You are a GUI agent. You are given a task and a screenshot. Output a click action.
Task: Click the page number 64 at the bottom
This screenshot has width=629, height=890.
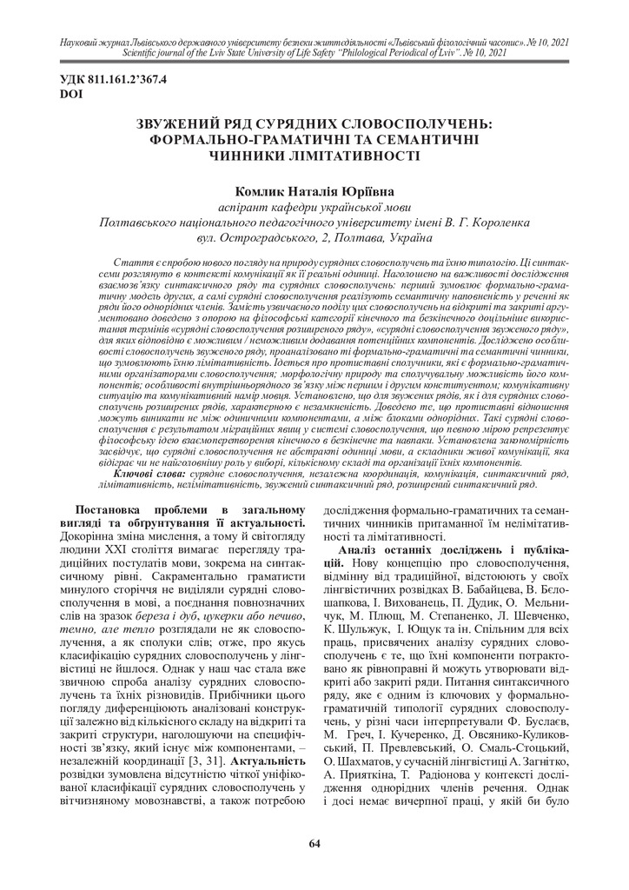(314, 843)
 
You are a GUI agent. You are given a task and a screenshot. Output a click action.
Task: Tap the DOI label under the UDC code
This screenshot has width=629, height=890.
(69, 92)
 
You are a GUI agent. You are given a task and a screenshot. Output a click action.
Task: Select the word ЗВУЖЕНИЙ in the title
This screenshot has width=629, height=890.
(187, 124)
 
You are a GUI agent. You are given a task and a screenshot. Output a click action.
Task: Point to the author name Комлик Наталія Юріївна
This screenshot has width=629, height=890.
(314, 189)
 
